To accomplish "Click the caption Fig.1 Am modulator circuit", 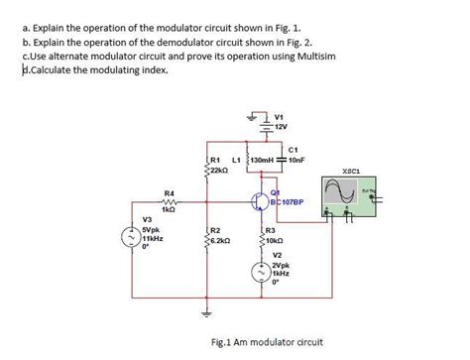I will coord(266,341).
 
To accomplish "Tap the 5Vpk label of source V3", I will coord(154,230).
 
